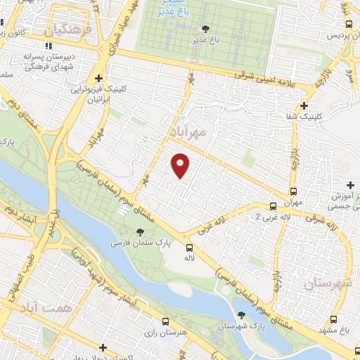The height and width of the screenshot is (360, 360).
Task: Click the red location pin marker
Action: pos(181,165)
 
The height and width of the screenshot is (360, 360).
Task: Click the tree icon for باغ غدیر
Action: pos(205,29)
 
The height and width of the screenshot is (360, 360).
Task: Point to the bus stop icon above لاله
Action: pos(188,247)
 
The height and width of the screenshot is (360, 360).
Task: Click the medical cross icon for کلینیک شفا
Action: pos(304,106)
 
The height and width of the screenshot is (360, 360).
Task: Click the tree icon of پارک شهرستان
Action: pos(242,316)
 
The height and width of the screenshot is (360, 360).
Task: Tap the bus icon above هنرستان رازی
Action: pos(166,320)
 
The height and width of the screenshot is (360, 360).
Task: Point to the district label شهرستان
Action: pos(328,283)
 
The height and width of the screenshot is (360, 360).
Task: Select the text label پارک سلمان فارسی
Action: pos(136,243)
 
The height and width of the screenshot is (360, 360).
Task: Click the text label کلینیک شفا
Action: pos(326,115)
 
